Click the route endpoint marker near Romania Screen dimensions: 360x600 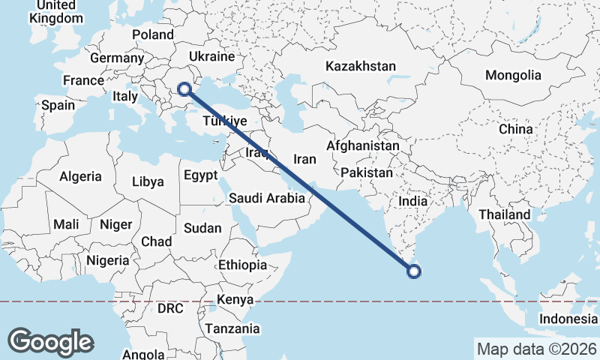tap(184, 90)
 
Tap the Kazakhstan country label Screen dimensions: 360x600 tap(360, 67)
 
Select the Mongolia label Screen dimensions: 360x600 tap(513, 75)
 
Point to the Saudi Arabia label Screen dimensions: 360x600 tap(267, 199)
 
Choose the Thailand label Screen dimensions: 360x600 tap(505, 214)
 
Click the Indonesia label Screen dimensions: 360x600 tap(568, 319)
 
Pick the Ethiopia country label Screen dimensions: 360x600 tap(242, 265)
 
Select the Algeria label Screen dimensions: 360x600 tap(80, 176)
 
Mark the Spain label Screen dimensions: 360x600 tap(58, 105)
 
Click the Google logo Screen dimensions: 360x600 tap(51, 341)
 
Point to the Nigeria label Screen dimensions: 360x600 tap(108, 261)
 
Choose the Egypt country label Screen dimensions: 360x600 tap(200, 175)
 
